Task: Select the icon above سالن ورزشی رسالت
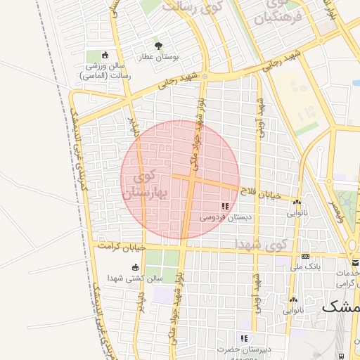point(105,56)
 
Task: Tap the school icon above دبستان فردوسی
point(225,206)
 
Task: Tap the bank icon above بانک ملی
point(306,256)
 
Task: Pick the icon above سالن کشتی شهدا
point(135,267)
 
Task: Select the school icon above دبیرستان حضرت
point(244,338)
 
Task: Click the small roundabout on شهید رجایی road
point(205,75)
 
